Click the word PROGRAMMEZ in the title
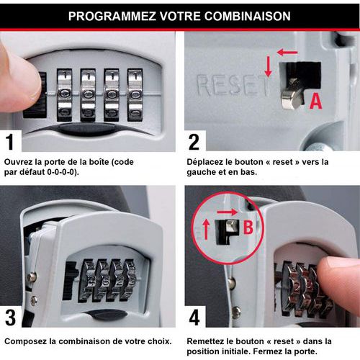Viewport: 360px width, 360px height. pyautogui.click(x=107, y=15)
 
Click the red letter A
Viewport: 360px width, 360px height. pyautogui.click(x=315, y=103)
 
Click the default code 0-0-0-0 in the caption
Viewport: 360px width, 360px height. pyautogui.click(x=62, y=174)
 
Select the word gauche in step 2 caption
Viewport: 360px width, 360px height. pyautogui.click(x=200, y=174)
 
